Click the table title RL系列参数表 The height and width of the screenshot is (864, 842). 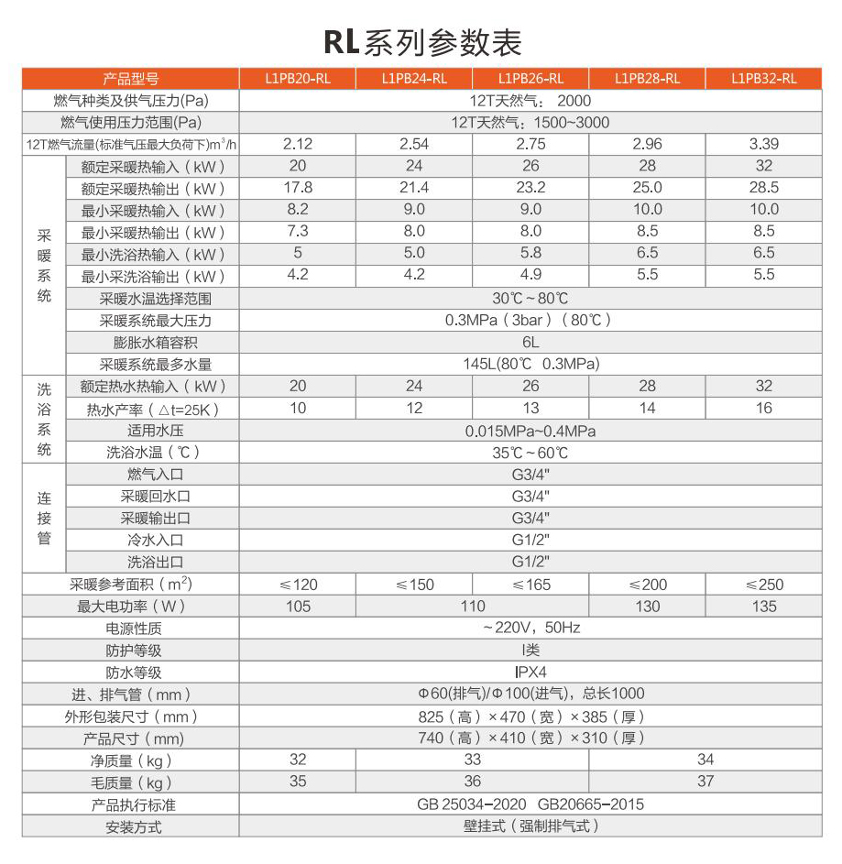[x=421, y=41]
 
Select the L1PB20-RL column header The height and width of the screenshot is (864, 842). [x=298, y=79]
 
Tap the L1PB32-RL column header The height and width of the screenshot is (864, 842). [x=763, y=79]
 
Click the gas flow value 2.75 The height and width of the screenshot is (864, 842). [x=530, y=144]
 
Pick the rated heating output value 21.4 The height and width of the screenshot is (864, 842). [x=414, y=188]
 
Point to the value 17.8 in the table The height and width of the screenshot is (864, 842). [x=298, y=188]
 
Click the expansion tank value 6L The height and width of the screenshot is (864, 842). [x=530, y=343]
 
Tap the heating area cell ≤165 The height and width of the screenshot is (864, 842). [x=530, y=585]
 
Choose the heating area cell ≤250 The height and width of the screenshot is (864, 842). [x=763, y=585]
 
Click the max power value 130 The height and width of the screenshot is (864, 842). [x=647, y=607]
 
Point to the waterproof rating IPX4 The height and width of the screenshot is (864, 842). [x=530, y=673]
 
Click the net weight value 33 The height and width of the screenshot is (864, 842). [x=472, y=760]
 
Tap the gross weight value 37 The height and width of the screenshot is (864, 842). [x=705, y=782]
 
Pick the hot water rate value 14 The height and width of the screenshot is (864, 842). [x=647, y=409]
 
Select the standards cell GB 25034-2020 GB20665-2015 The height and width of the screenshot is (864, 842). [x=530, y=804]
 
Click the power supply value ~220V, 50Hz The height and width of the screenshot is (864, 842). [x=530, y=629]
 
